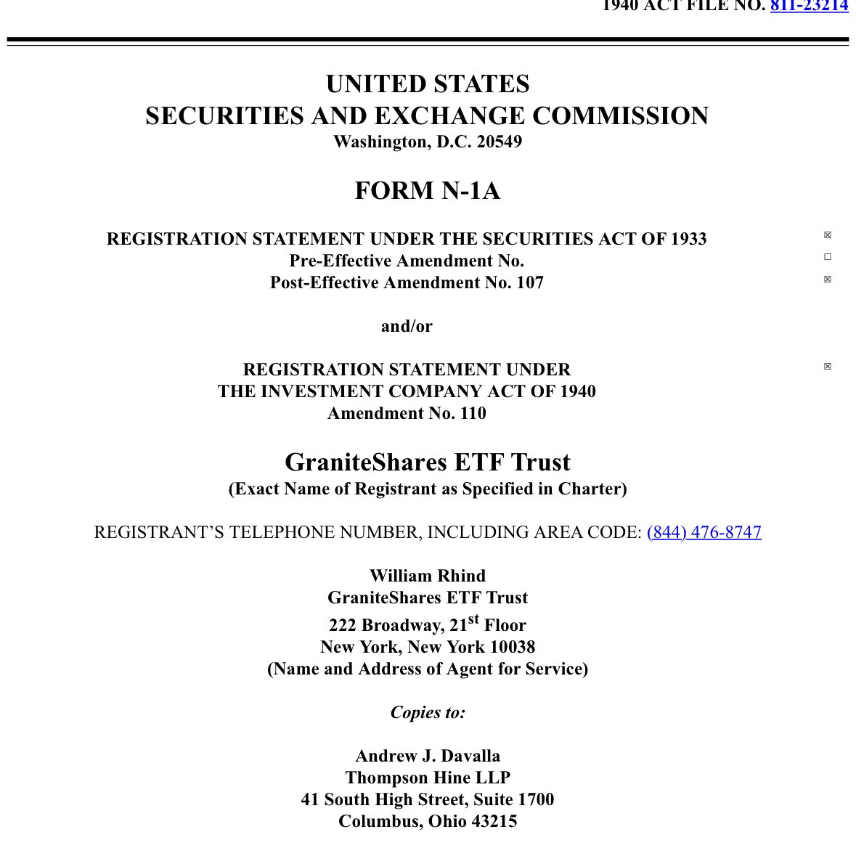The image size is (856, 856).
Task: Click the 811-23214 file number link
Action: tap(809, 6)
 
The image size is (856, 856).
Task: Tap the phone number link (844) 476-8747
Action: tap(704, 532)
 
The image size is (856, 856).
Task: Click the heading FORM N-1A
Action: tap(427, 191)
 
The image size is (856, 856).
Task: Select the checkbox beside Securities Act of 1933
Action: tap(827, 235)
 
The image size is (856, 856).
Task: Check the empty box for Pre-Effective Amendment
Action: tap(827, 257)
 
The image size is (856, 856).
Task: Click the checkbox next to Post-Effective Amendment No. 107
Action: tap(827, 280)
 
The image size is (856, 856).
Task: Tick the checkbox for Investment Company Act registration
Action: tap(827, 367)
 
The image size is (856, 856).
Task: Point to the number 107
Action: tap(529, 282)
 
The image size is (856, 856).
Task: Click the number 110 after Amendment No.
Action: tap(473, 413)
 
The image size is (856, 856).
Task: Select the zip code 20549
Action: tap(499, 142)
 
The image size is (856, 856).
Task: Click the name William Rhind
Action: tap(427, 576)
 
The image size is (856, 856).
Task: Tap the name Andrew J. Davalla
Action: tap(427, 756)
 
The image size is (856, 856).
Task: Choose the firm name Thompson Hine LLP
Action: tap(427, 778)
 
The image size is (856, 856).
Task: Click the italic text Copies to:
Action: tap(427, 712)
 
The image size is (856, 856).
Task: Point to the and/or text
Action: tap(407, 326)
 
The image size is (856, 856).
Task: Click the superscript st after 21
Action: tap(473, 619)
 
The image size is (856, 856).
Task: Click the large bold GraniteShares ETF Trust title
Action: tap(427, 462)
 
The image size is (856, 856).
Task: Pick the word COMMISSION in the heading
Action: tap(620, 116)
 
